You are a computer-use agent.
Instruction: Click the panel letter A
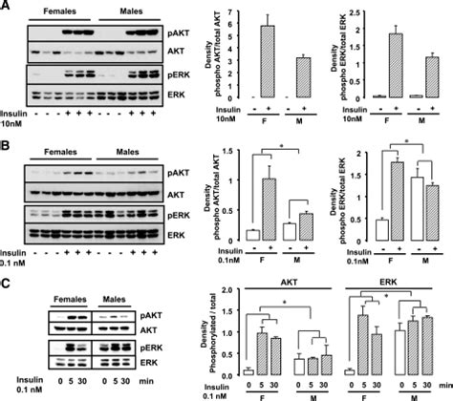point(7,7)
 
